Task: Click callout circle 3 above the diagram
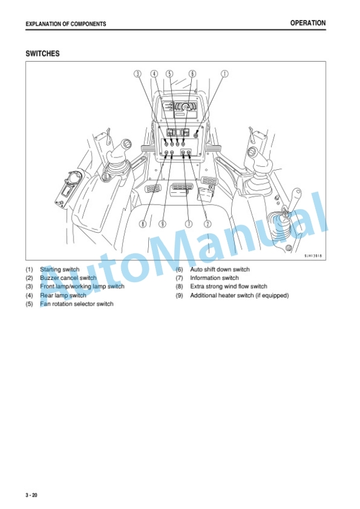click(x=138, y=74)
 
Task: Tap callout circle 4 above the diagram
click(x=154, y=74)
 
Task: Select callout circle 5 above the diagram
click(x=169, y=74)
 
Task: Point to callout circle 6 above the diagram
click(x=192, y=74)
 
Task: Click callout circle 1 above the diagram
click(x=225, y=74)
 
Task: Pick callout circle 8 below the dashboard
click(x=143, y=224)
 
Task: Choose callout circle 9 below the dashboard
click(x=162, y=224)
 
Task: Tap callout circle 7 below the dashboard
click(x=188, y=224)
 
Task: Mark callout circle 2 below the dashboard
click(x=207, y=224)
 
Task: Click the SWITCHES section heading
click(x=42, y=53)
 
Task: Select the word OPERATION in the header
click(x=308, y=23)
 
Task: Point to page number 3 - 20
click(x=32, y=495)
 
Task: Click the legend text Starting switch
click(x=60, y=269)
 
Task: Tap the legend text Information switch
click(x=215, y=278)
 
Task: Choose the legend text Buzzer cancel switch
click(x=68, y=278)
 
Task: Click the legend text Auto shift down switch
click(x=220, y=269)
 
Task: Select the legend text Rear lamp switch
click(x=64, y=296)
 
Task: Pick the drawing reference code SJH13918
click(x=313, y=256)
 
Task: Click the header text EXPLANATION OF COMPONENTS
click(x=66, y=24)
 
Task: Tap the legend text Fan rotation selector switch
click(x=76, y=304)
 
